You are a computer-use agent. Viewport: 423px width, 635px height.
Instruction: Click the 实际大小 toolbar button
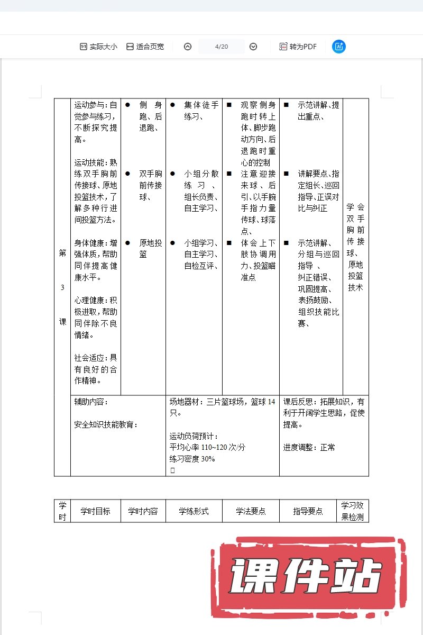coord(98,47)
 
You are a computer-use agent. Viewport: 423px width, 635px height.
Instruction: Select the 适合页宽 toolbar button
coord(145,47)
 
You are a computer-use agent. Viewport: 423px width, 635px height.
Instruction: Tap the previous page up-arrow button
coord(188,47)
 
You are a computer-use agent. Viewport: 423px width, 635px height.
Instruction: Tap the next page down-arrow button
coord(253,47)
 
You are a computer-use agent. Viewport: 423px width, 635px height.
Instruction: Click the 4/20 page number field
coord(222,47)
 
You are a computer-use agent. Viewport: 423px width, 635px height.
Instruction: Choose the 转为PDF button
coord(298,47)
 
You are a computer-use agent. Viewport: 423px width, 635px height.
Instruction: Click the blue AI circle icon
coord(338,47)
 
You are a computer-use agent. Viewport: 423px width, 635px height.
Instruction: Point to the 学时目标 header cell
coord(95,511)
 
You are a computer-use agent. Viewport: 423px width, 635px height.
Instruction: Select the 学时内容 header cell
coord(143,511)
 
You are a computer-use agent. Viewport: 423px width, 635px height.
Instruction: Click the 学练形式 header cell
coord(194,511)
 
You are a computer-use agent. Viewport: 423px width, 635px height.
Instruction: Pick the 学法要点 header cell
coord(251,511)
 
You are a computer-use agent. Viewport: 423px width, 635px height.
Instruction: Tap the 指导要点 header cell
coord(308,511)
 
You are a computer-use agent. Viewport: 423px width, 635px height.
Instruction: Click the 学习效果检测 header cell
coord(352,511)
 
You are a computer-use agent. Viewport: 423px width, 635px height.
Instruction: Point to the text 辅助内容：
coord(91,402)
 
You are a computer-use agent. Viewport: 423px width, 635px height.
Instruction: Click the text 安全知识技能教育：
coord(106,424)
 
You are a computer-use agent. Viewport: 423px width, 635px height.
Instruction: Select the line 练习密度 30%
coord(192,459)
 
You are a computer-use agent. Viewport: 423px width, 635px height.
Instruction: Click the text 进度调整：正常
coord(309,448)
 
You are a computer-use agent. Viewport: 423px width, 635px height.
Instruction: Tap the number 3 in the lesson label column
coord(62,287)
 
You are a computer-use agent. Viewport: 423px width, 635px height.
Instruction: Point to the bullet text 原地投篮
coord(151,249)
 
